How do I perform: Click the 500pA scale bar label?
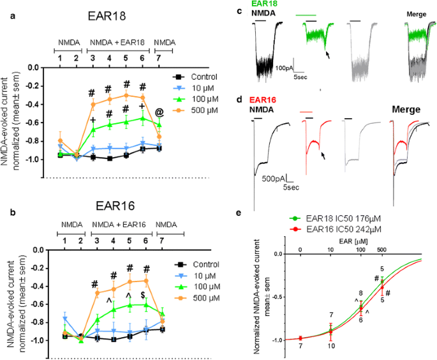(x=275, y=178)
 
